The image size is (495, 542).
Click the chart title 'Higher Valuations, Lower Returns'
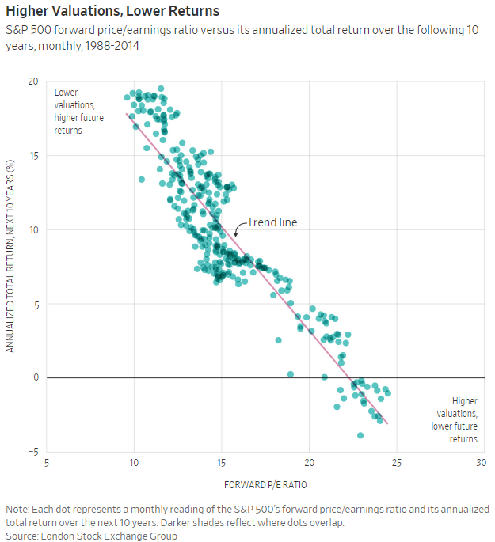click(x=112, y=11)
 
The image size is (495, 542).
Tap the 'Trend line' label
click(x=272, y=222)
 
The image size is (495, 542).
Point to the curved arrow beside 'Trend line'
click(x=239, y=227)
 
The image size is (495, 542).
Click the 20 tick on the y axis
click(x=33, y=81)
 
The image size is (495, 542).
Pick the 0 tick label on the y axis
click(x=36, y=377)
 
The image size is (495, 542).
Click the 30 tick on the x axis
click(x=482, y=463)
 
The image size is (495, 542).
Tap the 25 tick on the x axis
click(x=397, y=463)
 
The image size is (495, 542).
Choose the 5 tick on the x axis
click(x=47, y=463)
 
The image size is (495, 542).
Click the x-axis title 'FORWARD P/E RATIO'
click(x=265, y=485)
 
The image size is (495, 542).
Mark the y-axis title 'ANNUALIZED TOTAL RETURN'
click(x=10, y=256)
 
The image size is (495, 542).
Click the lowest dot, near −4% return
click(x=360, y=435)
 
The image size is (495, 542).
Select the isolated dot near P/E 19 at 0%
click(x=291, y=374)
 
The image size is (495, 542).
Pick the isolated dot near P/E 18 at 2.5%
click(x=279, y=340)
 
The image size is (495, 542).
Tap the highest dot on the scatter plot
click(x=161, y=89)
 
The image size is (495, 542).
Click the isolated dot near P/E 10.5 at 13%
click(x=142, y=180)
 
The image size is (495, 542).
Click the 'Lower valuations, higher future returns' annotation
click(x=79, y=112)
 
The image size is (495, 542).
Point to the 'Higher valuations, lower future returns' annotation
click(x=454, y=419)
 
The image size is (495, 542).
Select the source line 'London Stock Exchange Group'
click(x=109, y=536)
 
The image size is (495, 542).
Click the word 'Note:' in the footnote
click(x=17, y=509)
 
